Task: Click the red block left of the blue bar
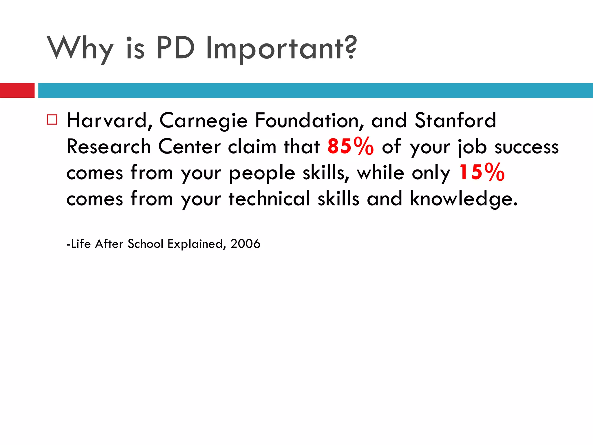pos(17,90)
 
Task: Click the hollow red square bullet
pos(52,119)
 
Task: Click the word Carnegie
pos(203,121)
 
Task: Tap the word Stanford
pos(455,121)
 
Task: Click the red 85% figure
pos(350,146)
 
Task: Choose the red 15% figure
pos(482,172)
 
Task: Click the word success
pos(526,147)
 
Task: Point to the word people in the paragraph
pos(262,173)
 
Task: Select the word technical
pos(269,199)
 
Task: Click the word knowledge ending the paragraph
pos(463,199)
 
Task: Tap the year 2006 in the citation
pos(245,244)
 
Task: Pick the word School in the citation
pos(146,244)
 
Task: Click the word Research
pos(109,146)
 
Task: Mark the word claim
pos(252,146)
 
